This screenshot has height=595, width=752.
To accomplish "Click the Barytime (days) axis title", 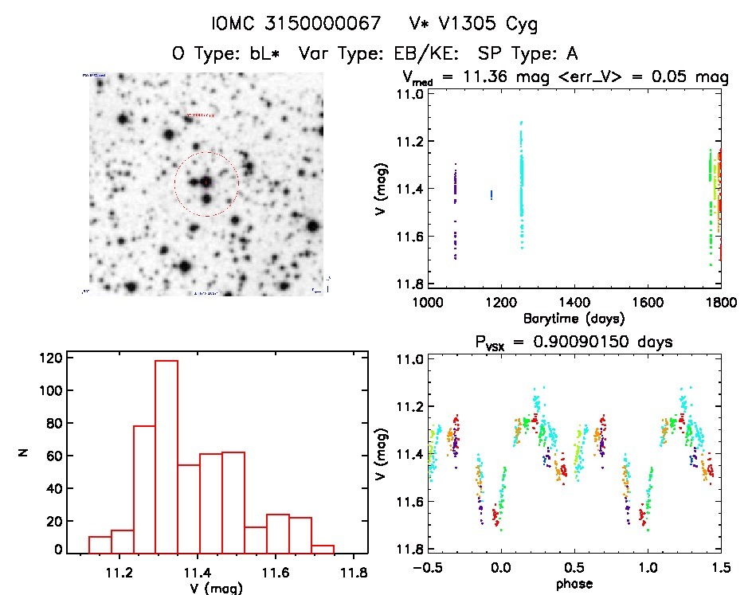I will pyautogui.click(x=574, y=318).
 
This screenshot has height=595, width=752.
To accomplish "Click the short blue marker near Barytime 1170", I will pyautogui.click(x=492, y=194).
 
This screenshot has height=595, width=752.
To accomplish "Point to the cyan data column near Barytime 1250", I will pyautogui.click(x=522, y=183).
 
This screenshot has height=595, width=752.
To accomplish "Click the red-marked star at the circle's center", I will pyautogui.click(x=206, y=182).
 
